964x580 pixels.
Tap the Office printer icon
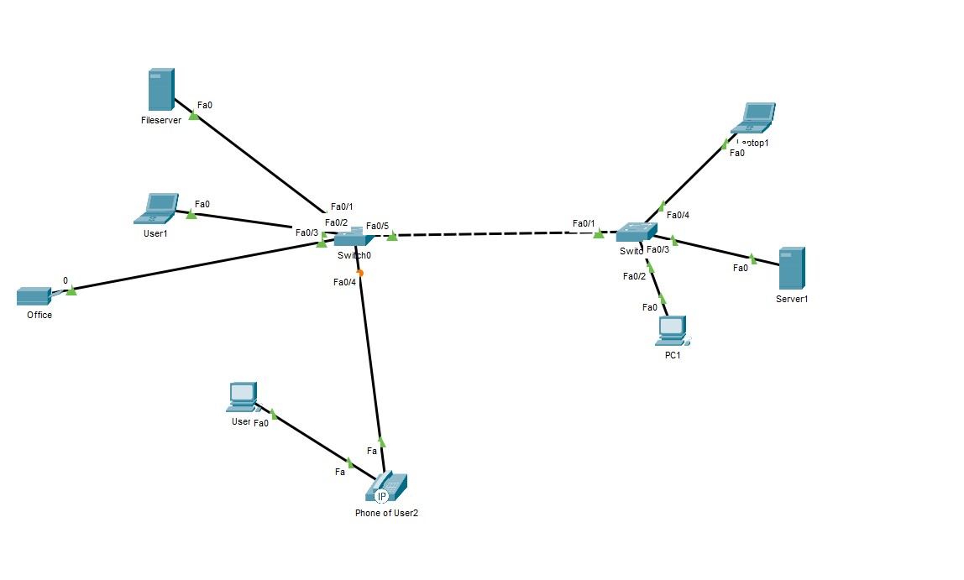34,296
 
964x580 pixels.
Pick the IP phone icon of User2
389,488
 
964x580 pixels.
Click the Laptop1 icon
754,118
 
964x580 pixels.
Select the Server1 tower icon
791,269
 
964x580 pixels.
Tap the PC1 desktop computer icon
673,332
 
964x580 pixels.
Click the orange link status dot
359,273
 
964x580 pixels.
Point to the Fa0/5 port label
377,226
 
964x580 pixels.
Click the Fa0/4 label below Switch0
344,282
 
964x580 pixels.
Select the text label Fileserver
161,121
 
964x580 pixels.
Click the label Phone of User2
386,514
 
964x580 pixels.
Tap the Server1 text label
792,299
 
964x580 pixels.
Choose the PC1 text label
672,355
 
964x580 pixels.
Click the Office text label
39,316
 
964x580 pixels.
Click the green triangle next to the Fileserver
194,116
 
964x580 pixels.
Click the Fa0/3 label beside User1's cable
306,233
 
